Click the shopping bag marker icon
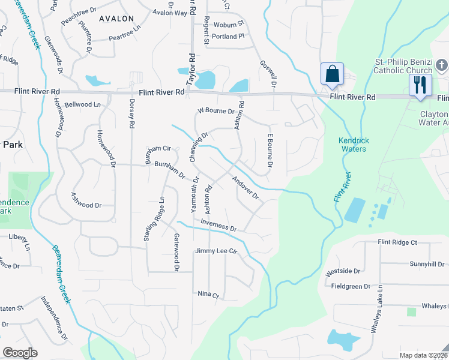pyautogui.click(x=332, y=74)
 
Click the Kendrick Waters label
pyautogui.click(x=352, y=145)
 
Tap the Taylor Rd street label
pyautogui.click(x=192, y=68)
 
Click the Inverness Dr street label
pyautogui.click(x=219, y=227)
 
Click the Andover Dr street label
pyautogui.click(x=245, y=188)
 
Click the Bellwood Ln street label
pyautogui.click(x=82, y=104)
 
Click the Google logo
pyautogui.click(x=20, y=353)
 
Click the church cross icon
pyautogui.click(x=441, y=64)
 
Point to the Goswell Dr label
pyautogui.click(x=267, y=74)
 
